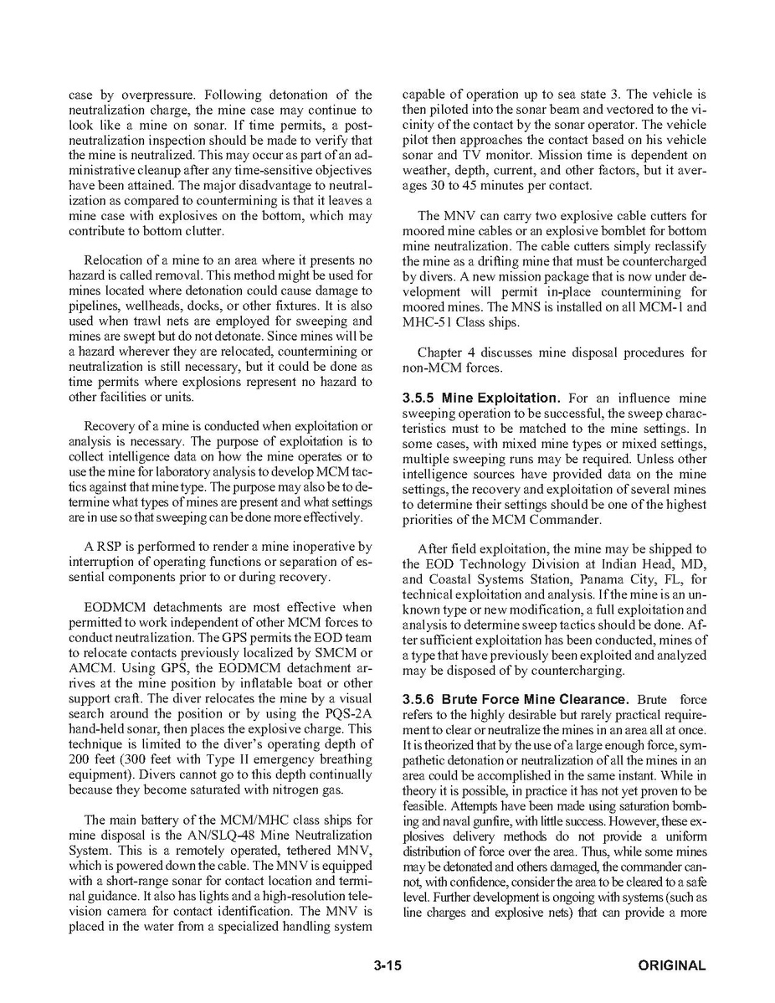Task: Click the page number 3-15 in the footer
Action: click(388, 965)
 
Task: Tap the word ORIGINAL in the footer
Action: click(672, 965)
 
